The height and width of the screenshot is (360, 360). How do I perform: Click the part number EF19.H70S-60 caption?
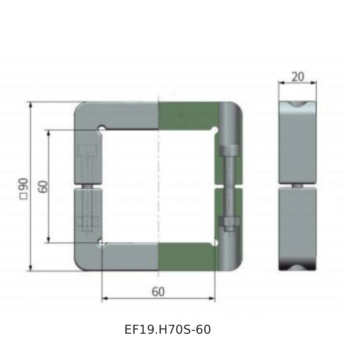(x=167, y=329)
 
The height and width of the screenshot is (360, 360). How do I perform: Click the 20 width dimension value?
(x=297, y=77)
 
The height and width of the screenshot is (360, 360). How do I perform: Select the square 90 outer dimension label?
(x=24, y=188)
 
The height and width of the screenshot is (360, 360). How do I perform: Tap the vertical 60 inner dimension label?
(x=44, y=187)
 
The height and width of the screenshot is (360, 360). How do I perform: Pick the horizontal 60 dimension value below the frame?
(x=158, y=292)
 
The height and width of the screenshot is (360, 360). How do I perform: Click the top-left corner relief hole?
(x=102, y=129)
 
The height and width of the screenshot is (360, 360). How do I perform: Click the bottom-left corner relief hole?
(x=102, y=244)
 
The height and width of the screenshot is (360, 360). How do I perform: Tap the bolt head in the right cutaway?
(x=229, y=150)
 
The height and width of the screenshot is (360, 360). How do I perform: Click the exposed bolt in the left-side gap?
(x=88, y=186)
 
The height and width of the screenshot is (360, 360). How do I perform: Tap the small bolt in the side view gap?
(x=297, y=186)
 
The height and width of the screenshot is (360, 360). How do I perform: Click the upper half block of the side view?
(x=297, y=144)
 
